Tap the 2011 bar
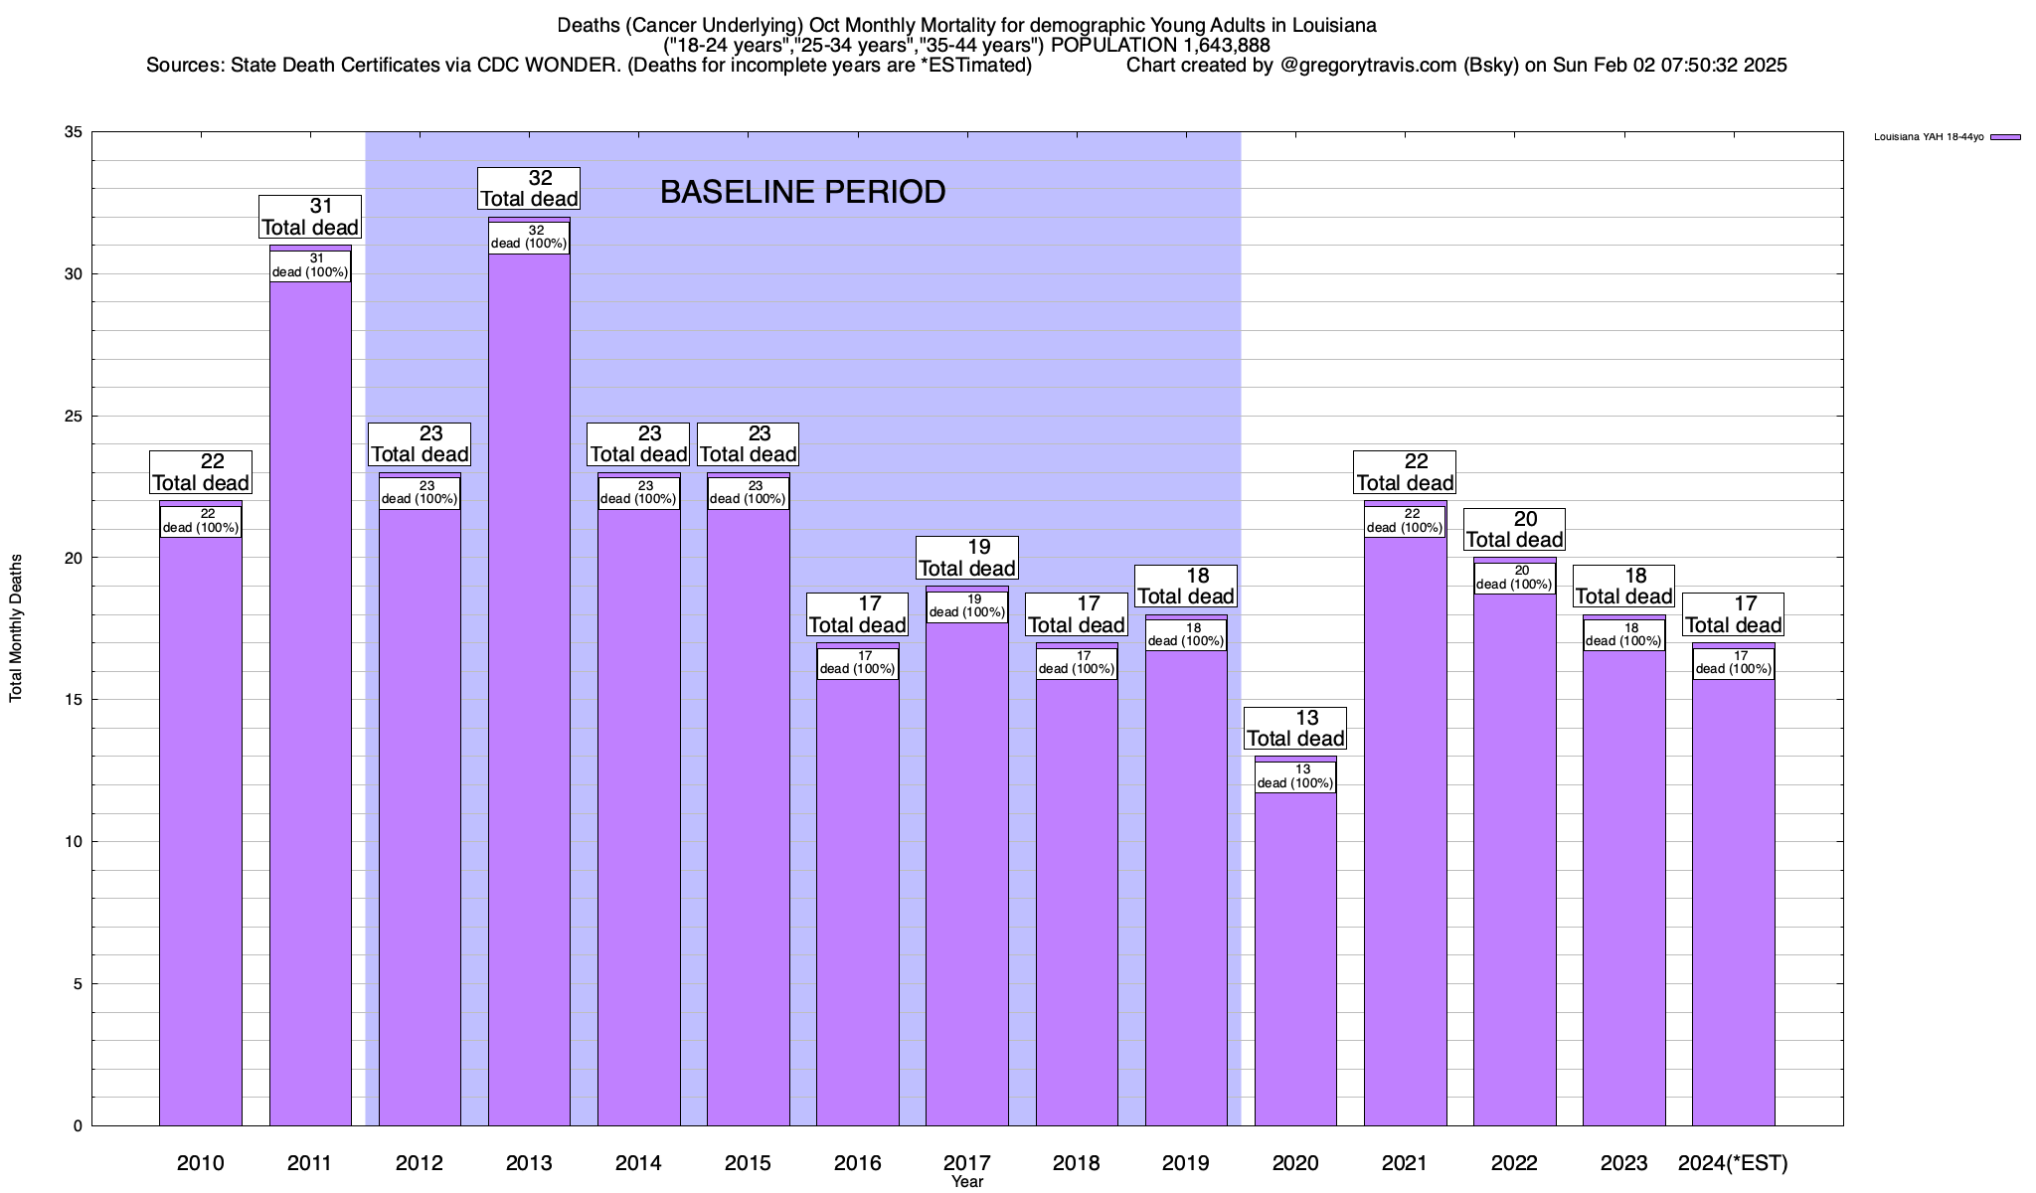[x=310, y=696]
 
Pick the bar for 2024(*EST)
[x=1733, y=895]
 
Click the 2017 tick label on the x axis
[x=966, y=1163]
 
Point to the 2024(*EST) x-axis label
[x=1733, y=1163]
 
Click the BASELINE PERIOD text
[x=802, y=192]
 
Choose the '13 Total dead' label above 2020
[x=1295, y=728]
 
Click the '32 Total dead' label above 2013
[x=529, y=188]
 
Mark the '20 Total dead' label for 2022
[x=1514, y=529]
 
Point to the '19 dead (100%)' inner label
[x=966, y=606]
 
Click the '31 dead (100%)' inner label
[x=310, y=265]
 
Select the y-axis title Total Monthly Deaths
[x=16, y=628]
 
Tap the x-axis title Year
[x=966, y=1182]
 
